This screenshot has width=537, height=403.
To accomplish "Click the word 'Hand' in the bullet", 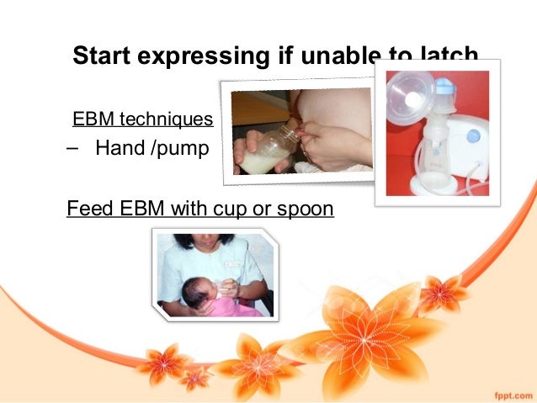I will pos(120,151).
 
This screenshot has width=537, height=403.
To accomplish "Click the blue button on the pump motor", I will pos(472,135).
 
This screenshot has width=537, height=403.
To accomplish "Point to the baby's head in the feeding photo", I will pos(198,289).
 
